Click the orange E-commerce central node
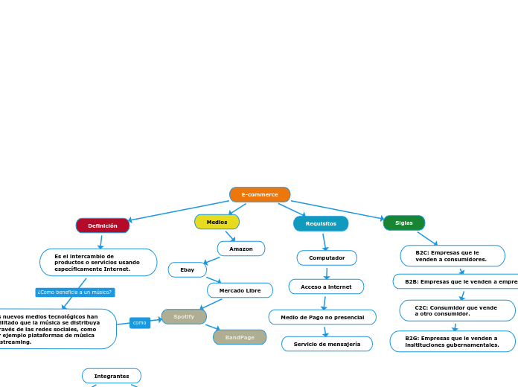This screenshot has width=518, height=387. (x=260, y=195)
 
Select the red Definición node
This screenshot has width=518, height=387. (x=103, y=226)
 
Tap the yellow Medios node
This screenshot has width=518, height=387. (x=217, y=222)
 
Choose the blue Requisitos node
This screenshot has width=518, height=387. (x=321, y=223)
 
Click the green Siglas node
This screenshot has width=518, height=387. (x=404, y=223)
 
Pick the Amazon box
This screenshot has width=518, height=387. (x=241, y=249)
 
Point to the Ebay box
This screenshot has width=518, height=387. (x=188, y=269)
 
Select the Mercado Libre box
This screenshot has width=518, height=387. (x=240, y=290)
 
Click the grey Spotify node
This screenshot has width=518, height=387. (x=184, y=316)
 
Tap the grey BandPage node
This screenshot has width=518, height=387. (x=240, y=337)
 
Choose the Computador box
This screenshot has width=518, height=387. (x=327, y=258)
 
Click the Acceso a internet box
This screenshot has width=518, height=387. (x=326, y=287)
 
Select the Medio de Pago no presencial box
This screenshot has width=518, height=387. (x=322, y=317)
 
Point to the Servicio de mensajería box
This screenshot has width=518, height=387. (x=327, y=344)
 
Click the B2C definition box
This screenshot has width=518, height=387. (x=453, y=256)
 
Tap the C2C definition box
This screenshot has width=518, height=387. (x=457, y=310)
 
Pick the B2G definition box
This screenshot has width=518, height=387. (x=453, y=341)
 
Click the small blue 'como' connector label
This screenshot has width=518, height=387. (x=140, y=322)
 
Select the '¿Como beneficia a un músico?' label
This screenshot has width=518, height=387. (x=74, y=292)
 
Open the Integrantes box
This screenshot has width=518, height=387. (x=112, y=376)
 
